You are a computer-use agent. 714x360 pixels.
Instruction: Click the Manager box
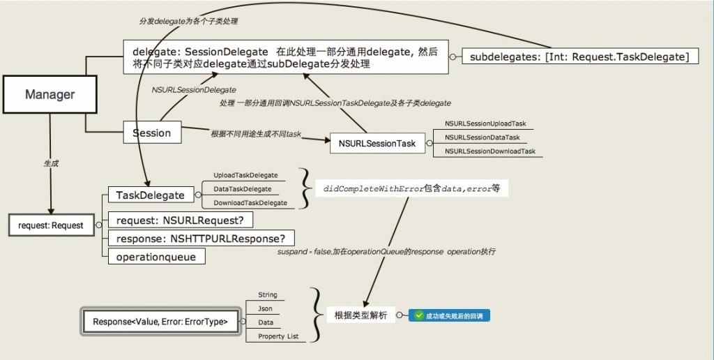click(x=50, y=94)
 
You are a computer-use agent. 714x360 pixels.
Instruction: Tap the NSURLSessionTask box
click(x=377, y=144)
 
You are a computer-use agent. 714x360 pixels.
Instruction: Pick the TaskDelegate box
click(x=150, y=195)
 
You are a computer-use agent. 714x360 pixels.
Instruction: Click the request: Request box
click(x=51, y=225)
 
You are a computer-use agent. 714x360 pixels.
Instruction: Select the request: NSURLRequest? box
click(x=180, y=220)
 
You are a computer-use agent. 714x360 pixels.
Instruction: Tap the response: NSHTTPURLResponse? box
click(x=201, y=238)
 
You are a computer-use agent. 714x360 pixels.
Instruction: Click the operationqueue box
click(x=156, y=257)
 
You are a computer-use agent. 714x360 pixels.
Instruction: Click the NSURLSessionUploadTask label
click(x=485, y=123)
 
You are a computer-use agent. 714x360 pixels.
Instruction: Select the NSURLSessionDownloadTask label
click(x=490, y=151)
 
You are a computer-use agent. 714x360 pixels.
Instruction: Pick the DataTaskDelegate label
click(x=243, y=189)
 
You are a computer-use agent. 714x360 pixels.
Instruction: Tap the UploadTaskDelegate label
click(x=245, y=175)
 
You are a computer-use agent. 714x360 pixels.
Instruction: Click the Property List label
click(x=278, y=336)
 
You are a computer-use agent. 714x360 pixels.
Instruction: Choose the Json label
click(x=265, y=308)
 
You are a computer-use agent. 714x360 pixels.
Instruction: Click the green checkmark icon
click(x=419, y=316)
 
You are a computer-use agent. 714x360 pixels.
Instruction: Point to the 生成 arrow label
click(x=51, y=163)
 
